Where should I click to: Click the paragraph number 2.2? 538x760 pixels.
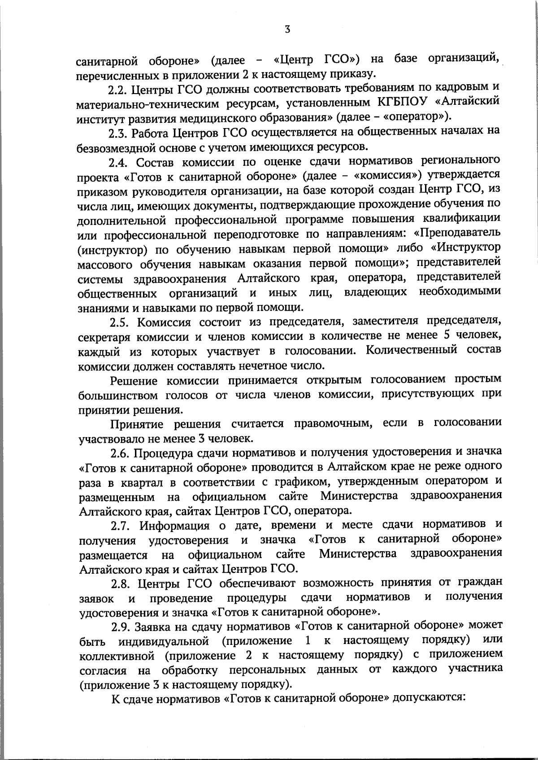click(118, 89)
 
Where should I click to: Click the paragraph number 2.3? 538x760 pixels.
click(118, 133)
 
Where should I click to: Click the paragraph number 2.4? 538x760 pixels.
click(118, 162)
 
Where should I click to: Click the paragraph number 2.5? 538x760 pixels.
click(118, 322)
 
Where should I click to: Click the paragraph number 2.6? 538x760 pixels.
click(118, 453)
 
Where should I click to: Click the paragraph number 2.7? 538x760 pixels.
click(118, 525)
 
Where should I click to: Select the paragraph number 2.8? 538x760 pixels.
click(118, 583)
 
